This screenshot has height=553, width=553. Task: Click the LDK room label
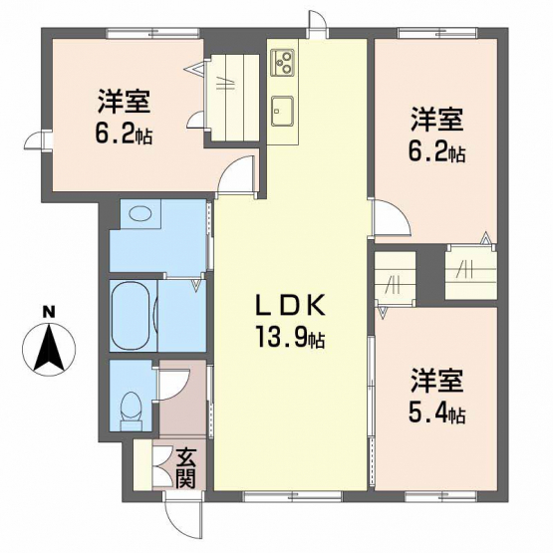point(289,306)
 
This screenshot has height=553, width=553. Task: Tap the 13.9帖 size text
point(290,337)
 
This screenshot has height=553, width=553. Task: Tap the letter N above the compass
point(49,313)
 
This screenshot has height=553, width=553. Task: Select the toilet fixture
point(131,411)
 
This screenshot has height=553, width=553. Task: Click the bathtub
point(134,316)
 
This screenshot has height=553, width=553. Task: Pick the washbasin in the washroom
point(139,213)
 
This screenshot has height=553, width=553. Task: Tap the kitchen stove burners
point(282,62)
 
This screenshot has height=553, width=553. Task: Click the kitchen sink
point(282,111)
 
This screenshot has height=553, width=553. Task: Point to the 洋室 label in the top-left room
point(125,102)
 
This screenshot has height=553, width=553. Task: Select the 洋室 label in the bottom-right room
point(436,382)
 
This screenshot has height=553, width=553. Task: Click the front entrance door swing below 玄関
point(183,515)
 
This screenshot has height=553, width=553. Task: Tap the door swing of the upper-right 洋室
point(392,217)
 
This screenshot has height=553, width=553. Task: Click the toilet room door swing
point(173,385)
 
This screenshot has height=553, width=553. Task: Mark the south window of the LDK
point(293,496)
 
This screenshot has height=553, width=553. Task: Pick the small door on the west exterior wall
point(38,140)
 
